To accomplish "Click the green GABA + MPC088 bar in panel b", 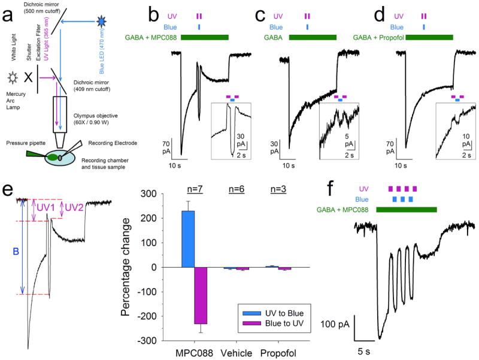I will click(205, 38).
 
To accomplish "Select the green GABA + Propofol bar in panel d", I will click(429, 38).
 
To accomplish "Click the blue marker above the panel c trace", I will click(307, 27).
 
